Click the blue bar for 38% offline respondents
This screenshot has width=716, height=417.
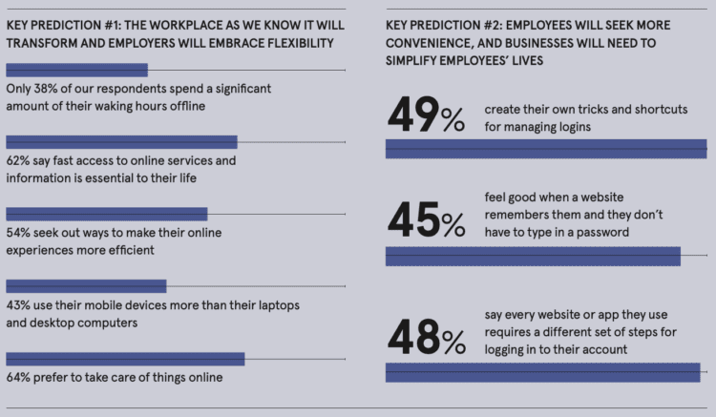[x=76, y=70]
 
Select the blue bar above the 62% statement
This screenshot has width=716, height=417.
[x=121, y=141]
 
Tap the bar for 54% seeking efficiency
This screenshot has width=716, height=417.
[x=106, y=214]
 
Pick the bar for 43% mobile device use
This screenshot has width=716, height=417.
[x=86, y=285]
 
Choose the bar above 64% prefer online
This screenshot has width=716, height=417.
[x=125, y=358]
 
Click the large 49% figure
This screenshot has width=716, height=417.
[x=426, y=116]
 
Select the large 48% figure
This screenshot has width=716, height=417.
[x=426, y=336]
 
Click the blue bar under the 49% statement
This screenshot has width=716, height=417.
[x=545, y=149]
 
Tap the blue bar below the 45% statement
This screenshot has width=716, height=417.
[x=532, y=256]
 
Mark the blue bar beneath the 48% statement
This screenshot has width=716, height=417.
[x=542, y=372]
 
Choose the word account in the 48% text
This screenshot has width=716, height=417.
[x=602, y=350]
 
